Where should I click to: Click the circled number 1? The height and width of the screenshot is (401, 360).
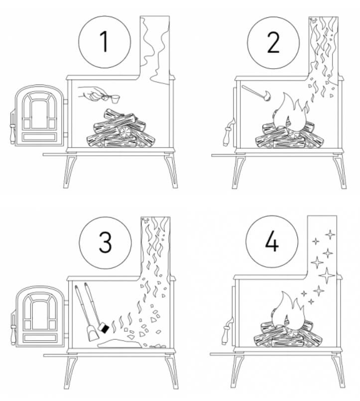point(105,42)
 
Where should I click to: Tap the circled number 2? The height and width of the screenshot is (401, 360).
point(273,43)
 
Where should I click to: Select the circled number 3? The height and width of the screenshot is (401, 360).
point(105,243)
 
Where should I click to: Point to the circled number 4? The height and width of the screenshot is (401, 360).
point(272,241)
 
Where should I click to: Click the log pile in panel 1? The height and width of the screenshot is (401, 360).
point(121,129)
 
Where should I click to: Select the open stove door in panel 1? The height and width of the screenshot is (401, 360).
point(39,115)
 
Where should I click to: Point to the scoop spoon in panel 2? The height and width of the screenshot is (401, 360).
point(256,93)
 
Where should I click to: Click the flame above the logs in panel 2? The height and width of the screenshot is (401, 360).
point(291,113)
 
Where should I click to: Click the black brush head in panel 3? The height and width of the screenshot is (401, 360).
point(104,328)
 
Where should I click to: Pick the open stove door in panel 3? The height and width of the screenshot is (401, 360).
point(40,316)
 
